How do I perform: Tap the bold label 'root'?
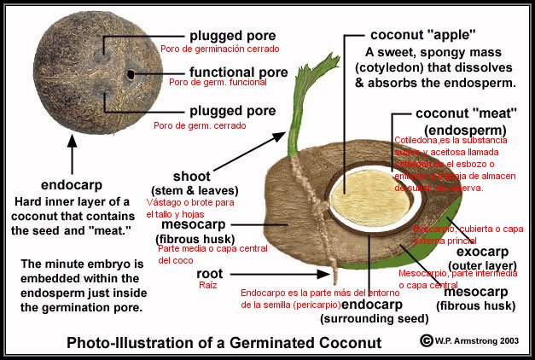(x=209, y=274)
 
